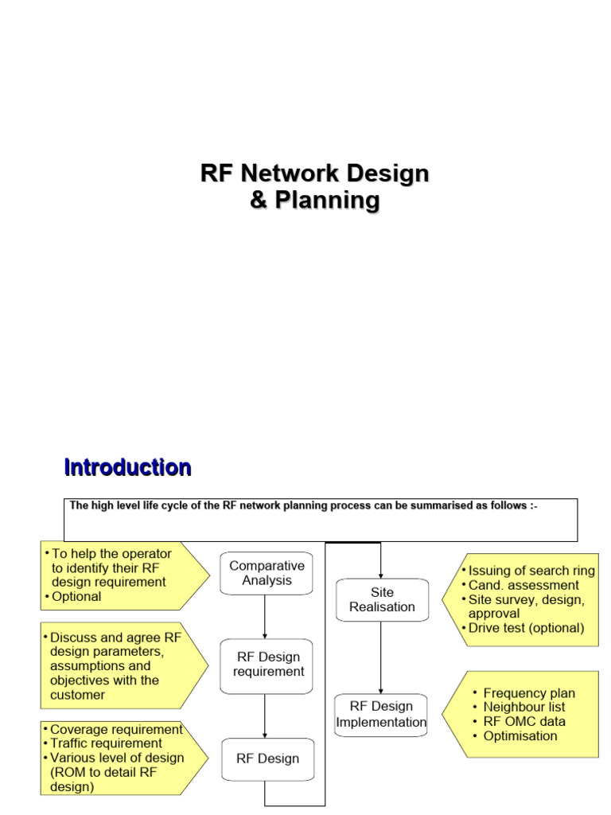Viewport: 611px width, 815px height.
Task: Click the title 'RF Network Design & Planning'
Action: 314,186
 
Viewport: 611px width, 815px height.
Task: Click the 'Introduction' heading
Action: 127,467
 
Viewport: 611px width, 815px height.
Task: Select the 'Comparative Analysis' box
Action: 266,573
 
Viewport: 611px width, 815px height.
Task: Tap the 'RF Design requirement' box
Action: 268,664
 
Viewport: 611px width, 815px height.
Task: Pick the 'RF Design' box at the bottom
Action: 267,758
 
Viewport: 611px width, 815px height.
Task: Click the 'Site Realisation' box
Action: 382,599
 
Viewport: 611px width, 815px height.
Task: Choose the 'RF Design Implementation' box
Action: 381,714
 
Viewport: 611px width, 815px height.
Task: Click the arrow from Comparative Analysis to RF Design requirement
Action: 265,616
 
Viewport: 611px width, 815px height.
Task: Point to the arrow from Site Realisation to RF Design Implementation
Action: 382,657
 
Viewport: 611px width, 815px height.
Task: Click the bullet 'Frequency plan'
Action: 529,693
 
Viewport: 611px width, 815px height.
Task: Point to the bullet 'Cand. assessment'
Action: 523,585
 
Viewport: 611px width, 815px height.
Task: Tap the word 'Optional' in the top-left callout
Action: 76,596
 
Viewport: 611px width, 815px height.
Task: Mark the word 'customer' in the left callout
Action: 77,695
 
